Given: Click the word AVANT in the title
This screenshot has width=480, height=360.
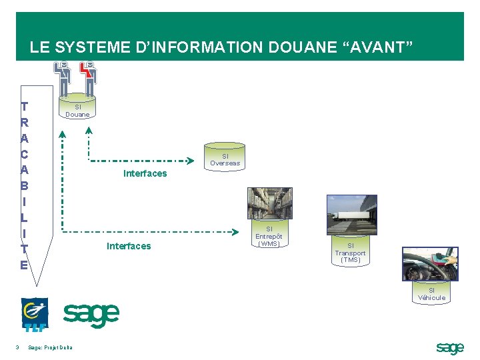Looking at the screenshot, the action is (379, 47).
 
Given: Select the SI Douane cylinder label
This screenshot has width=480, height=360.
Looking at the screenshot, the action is (77, 110).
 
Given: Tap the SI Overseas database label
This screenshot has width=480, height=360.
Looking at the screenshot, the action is (225, 159).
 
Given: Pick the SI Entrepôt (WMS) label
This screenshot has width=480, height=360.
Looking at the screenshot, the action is (269, 236).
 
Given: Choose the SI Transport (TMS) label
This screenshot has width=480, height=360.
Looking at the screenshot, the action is (350, 253).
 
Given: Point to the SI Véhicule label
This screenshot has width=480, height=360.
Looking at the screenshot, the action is (431, 294).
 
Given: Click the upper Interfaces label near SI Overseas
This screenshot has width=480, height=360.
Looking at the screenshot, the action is (145, 173).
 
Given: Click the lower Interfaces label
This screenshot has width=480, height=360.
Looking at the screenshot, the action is (129, 246).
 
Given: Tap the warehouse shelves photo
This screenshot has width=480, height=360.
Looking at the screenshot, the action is (269, 203).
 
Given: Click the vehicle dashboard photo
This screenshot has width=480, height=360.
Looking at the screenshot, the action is (430, 263).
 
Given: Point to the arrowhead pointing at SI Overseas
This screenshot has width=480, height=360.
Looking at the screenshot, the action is (189, 161).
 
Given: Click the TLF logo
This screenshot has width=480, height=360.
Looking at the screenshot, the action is (34, 314).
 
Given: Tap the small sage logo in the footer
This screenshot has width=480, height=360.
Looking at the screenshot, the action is (449, 347).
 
